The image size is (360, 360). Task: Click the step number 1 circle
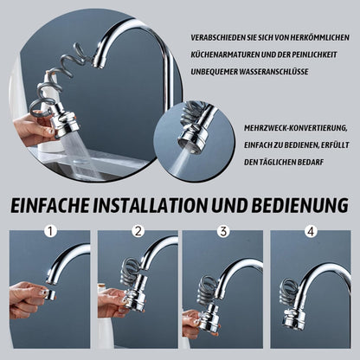point(50,232)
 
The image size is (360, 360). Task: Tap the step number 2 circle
point(137,232)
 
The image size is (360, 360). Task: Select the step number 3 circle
point(223,232)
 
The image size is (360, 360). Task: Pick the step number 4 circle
point(309,232)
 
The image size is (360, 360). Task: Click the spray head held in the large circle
point(65,120)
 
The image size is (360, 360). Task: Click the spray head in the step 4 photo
point(295,317)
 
